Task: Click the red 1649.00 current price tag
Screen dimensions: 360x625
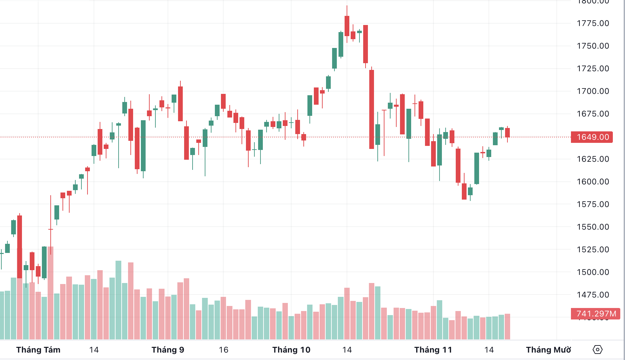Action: pyautogui.click(x=592, y=137)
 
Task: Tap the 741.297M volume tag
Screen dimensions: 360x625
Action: pyautogui.click(x=595, y=314)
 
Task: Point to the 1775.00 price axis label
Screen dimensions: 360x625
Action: pyautogui.click(x=593, y=23)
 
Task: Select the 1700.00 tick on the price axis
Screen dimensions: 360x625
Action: pyautogui.click(x=593, y=91)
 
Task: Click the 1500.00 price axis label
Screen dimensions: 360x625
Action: pyautogui.click(x=593, y=272)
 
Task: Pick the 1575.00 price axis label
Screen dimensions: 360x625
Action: pyautogui.click(x=593, y=204)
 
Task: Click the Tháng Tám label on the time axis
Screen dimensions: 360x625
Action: pyautogui.click(x=38, y=350)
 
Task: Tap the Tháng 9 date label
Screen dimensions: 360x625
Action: pyautogui.click(x=168, y=350)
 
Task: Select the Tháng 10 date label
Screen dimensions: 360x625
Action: pyautogui.click(x=291, y=350)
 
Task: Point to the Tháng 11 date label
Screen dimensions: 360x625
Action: pyautogui.click(x=433, y=350)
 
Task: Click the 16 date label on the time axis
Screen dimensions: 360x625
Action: pyautogui.click(x=224, y=350)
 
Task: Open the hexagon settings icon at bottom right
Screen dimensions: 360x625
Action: pyautogui.click(x=597, y=350)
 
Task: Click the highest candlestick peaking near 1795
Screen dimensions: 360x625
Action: pyautogui.click(x=347, y=26)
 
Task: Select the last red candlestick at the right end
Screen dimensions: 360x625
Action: pyautogui.click(x=507, y=132)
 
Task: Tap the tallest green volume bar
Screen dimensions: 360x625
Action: pyautogui.click(x=118, y=300)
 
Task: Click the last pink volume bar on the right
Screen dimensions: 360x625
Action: pyautogui.click(x=507, y=326)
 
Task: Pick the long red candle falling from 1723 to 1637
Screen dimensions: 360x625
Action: pyautogui.click(x=372, y=109)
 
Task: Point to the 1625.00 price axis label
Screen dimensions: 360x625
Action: pyautogui.click(x=593, y=159)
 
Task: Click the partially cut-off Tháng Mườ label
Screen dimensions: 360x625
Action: pyautogui.click(x=548, y=350)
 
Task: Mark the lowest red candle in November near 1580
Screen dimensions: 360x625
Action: pyautogui.click(x=464, y=191)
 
